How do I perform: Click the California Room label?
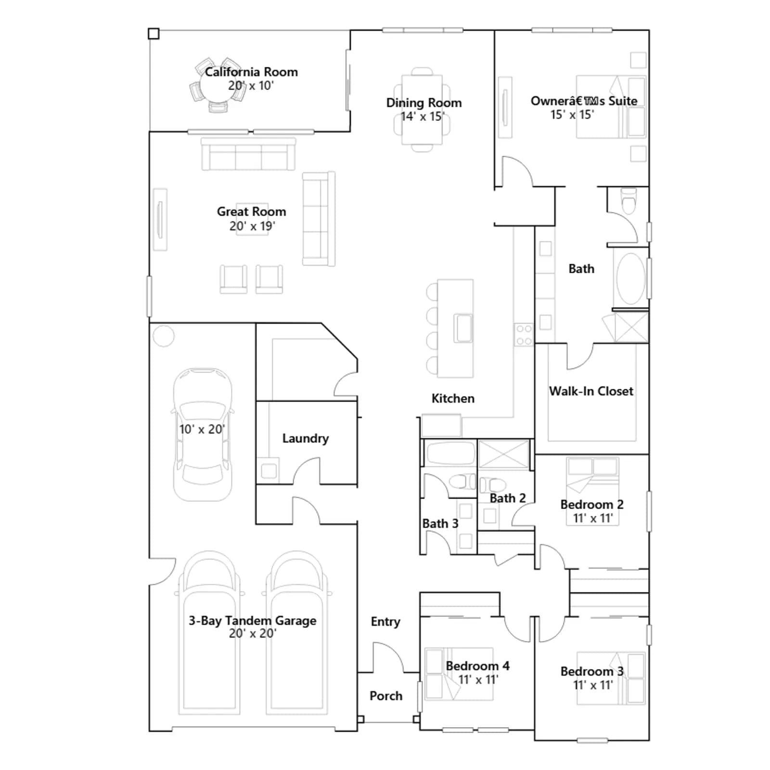coord(251,72)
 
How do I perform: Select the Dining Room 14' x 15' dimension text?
coord(423,116)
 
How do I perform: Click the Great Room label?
coord(251,211)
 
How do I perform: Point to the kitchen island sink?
coord(463,328)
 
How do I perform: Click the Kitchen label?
coord(453,398)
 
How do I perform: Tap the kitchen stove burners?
coord(524,334)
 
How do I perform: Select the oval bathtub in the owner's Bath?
coord(631,279)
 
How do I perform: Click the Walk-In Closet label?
coord(591,391)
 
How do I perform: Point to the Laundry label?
coord(306,438)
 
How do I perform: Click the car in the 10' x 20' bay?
coord(203,434)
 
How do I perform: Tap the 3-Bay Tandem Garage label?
coord(252,620)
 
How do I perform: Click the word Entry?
coord(385,622)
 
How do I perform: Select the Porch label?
coord(386,695)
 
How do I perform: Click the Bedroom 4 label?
coord(477,666)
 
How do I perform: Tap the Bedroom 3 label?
coord(592,671)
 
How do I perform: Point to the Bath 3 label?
coord(440,523)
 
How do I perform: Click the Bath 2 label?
coord(508,498)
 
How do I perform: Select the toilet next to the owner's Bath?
coord(629,201)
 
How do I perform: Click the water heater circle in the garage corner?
coord(164,335)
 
